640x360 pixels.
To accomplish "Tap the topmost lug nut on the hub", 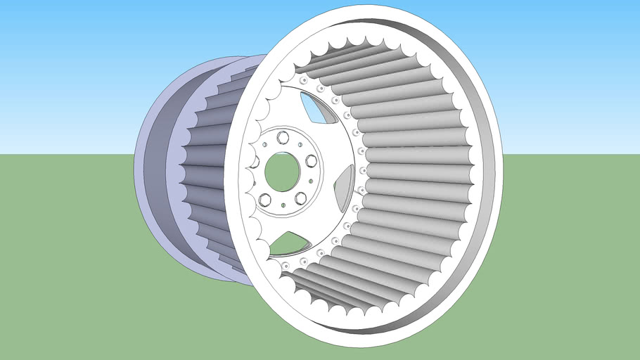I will [283, 136].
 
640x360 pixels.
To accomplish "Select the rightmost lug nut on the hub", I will [310, 161].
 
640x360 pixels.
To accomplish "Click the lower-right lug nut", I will [300, 198].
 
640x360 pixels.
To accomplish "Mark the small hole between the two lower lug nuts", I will [282, 205].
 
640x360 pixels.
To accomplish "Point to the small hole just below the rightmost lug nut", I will [312, 181].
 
